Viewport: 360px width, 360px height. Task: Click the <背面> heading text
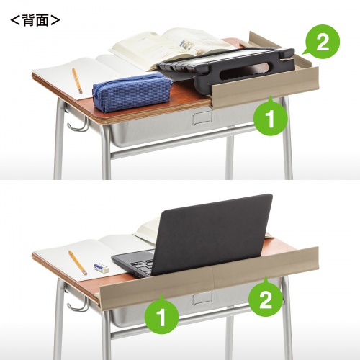click(35, 20)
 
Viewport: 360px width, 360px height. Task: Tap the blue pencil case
click(132, 92)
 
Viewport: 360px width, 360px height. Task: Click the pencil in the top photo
click(77, 81)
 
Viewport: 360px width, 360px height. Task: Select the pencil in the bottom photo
click(78, 263)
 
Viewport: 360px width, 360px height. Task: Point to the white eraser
click(102, 267)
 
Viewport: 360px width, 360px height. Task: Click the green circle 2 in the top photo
click(322, 42)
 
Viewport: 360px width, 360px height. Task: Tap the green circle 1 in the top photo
click(271, 117)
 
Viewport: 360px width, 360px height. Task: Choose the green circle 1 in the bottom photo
click(162, 316)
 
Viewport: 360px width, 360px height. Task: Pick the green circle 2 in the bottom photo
click(265, 299)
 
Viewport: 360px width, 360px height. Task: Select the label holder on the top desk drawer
click(202, 117)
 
